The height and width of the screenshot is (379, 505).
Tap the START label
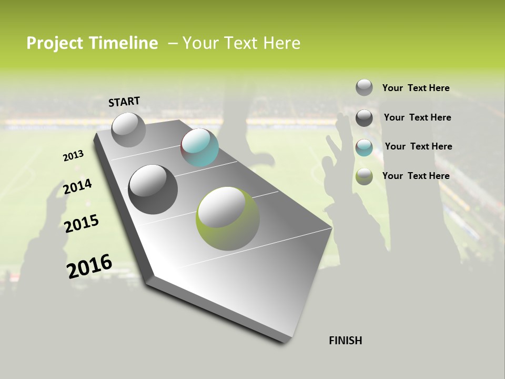click(x=124, y=102)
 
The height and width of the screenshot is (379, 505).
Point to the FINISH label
click(x=346, y=341)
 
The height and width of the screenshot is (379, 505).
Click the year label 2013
click(x=73, y=156)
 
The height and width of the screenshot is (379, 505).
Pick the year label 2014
click(x=77, y=187)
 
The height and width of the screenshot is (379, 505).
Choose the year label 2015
click(x=82, y=223)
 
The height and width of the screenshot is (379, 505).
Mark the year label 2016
click(x=89, y=266)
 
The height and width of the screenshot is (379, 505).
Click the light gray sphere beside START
click(x=129, y=129)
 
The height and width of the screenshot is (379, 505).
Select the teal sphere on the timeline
click(x=199, y=147)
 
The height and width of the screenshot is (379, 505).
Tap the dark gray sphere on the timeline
click(x=153, y=189)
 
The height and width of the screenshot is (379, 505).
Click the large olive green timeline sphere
click(x=227, y=218)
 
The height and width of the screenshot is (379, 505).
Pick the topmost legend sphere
click(x=364, y=87)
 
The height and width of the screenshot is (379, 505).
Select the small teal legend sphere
click(x=364, y=147)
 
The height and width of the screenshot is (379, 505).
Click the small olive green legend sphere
click(x=364, y=176)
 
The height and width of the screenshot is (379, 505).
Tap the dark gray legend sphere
click(x=364, y=118)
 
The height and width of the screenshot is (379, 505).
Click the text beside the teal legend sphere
click(x=418, y=146)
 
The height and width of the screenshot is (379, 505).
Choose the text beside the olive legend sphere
click(x=416, y=176)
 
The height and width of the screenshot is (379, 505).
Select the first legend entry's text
click(x=416, y=88)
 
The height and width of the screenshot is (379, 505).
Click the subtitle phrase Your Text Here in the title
click(x=241, y=43)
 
